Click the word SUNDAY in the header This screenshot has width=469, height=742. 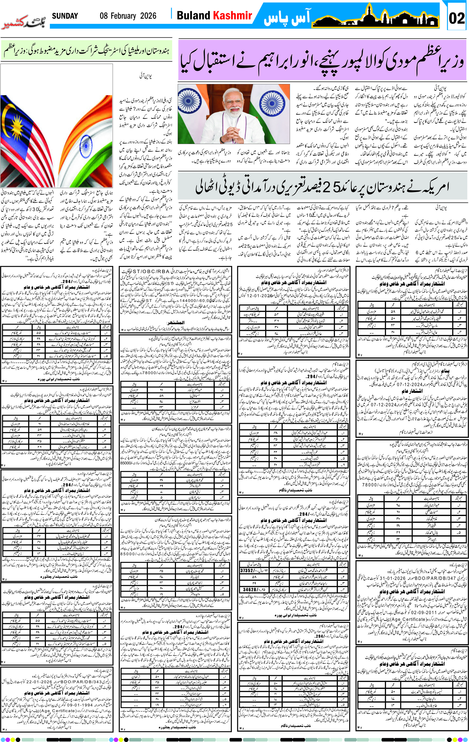click(65, 16)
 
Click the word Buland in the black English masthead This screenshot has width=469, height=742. click(193, 15)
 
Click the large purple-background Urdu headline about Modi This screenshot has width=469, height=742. click(322, 60)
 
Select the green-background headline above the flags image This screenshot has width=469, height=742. click(86, 50)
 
